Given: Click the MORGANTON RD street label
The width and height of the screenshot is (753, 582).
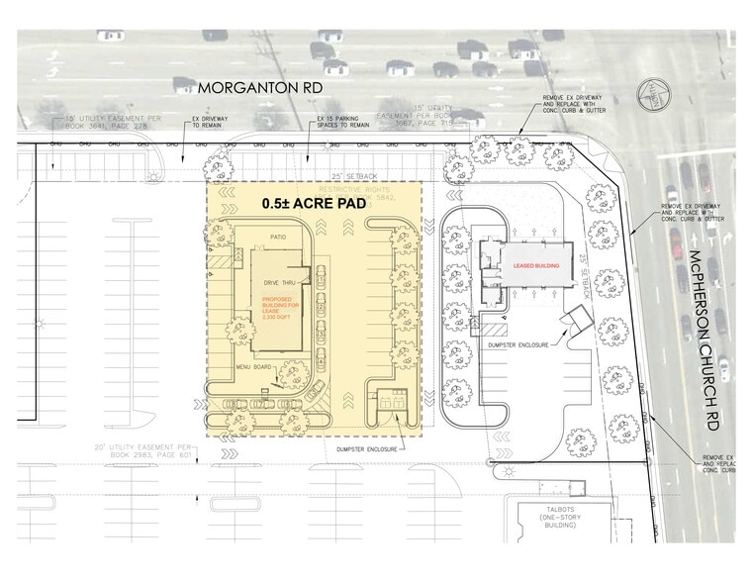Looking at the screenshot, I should tap(260, 87).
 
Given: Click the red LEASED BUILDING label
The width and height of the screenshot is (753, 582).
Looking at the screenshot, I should tap(537, 263).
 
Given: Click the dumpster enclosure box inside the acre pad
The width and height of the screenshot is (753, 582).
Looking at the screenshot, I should tap(389, 406).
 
